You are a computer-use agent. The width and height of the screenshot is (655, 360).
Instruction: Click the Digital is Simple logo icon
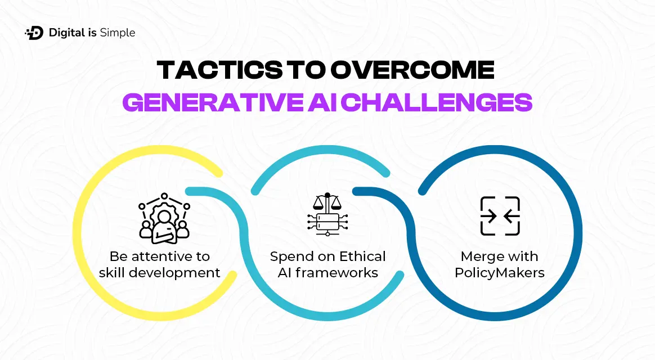pyautogui.click(x=34, y=33)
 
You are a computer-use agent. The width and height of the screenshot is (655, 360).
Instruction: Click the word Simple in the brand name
pyautogui.click(x=118, y=33)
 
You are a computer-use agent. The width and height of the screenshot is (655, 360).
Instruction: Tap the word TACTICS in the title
pyautogui.click(x=219, y=70)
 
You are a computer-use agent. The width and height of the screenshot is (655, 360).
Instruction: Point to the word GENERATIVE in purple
pyautogui.click(x=213, y=102)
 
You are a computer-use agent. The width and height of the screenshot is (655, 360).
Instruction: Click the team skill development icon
pyautogui.click(x=164, y=218)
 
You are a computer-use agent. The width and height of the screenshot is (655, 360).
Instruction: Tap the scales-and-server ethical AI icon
pyautogui.click(x=327, y=214)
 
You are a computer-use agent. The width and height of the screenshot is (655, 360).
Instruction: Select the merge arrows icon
pyautogui.click(x=500, y=216)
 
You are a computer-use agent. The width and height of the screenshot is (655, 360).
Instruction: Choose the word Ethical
pyautogui.click(x=362, y=256)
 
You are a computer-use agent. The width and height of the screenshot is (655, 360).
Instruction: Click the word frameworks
pyautogui.click(x=337, y=273)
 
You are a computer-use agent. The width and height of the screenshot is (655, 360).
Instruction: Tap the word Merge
pyautogui.click(x=479, y=256)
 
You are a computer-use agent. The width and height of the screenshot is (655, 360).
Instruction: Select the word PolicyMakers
pyautogui.click(x=500, y=273)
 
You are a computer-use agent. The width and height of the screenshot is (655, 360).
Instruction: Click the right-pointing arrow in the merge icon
pyautogui.click(x=489, y=217)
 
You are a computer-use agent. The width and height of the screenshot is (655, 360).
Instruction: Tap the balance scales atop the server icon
pyautogui.click(x=327, y=202)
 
